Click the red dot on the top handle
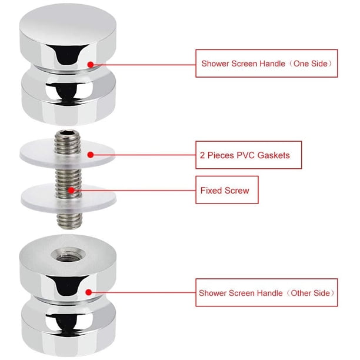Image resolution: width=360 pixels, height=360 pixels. [91, 65]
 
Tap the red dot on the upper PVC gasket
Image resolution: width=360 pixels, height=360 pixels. [91, 155]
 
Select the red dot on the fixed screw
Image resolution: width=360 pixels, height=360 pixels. [71, 190]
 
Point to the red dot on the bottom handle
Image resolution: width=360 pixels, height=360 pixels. [89, 292]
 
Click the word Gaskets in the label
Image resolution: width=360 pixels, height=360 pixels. [274, 155]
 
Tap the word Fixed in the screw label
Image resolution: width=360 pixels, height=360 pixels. [211, 191]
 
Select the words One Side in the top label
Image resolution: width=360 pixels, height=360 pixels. [310, 64]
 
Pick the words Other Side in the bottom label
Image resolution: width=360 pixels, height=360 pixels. [310, 293]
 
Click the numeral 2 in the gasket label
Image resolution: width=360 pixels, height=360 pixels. [202, 155]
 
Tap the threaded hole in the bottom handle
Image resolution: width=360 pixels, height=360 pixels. [68, 255]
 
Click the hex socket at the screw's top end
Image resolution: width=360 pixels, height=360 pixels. [66, 133]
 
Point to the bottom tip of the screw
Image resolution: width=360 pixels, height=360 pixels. [69, 228]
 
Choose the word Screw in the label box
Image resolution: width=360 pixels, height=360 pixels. [237, 191]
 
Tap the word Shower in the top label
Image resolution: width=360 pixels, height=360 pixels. [215, 64]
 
